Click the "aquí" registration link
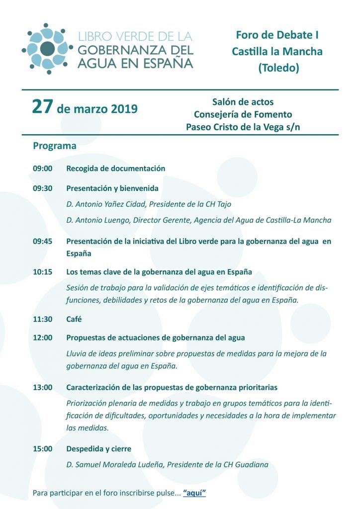tap(194, 493)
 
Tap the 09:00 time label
tap(43, 169)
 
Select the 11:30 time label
tap(43, 319)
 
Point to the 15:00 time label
tap(43, 449)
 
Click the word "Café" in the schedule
tap(74, 319)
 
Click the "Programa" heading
tap(55, 146)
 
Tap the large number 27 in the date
tap(42, 107)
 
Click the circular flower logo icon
tap(47, 48)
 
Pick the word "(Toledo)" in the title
tap(278, 68)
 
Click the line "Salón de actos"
tap(243, 102)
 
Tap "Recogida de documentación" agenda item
tap(115, 169)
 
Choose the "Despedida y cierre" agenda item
tap(98, 449)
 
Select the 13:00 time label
tap(43, 387)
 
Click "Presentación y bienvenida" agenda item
tap(112, 188)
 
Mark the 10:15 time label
tap(43, 272)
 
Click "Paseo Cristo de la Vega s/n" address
tap(243, 127)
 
